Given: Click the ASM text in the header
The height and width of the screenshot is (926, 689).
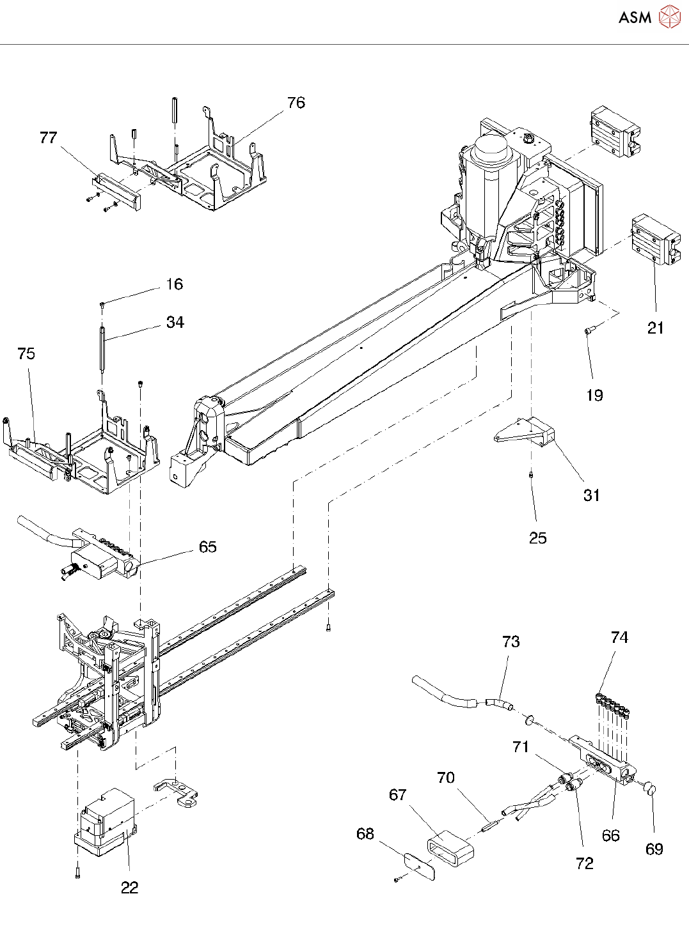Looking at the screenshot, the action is tap(635, 17).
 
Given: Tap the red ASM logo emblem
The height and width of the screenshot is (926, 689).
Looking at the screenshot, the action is tap(669, 17).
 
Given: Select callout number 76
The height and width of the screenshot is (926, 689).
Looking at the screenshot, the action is tap(296, 103).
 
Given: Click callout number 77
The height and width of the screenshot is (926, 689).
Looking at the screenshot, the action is tap(48, 137).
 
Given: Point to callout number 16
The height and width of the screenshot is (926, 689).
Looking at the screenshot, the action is tap(175, 284).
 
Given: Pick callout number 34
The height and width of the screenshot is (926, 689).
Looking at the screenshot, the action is tap(175, 322).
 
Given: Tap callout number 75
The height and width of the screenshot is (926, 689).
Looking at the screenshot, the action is tap(26, 353).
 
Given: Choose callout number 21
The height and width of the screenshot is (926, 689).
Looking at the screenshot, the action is tap(655, 328).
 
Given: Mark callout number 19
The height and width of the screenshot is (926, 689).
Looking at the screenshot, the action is tap(594, 395).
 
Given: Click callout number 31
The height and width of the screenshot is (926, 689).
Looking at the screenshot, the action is tap(592, 495).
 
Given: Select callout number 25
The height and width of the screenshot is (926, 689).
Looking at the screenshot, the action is tap(537, 538).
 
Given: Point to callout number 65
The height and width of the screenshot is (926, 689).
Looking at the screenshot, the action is tap(207, 547).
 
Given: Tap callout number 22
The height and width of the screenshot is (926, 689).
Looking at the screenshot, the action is tap(129, 888).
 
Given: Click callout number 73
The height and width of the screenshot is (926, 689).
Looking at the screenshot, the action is tap(511, 641).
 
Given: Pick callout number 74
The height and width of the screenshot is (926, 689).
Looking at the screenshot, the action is tap(619, 638).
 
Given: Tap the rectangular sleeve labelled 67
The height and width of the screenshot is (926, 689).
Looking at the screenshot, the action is tap(450, 847).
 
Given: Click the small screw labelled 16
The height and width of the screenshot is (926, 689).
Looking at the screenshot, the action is tap(102, 304).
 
